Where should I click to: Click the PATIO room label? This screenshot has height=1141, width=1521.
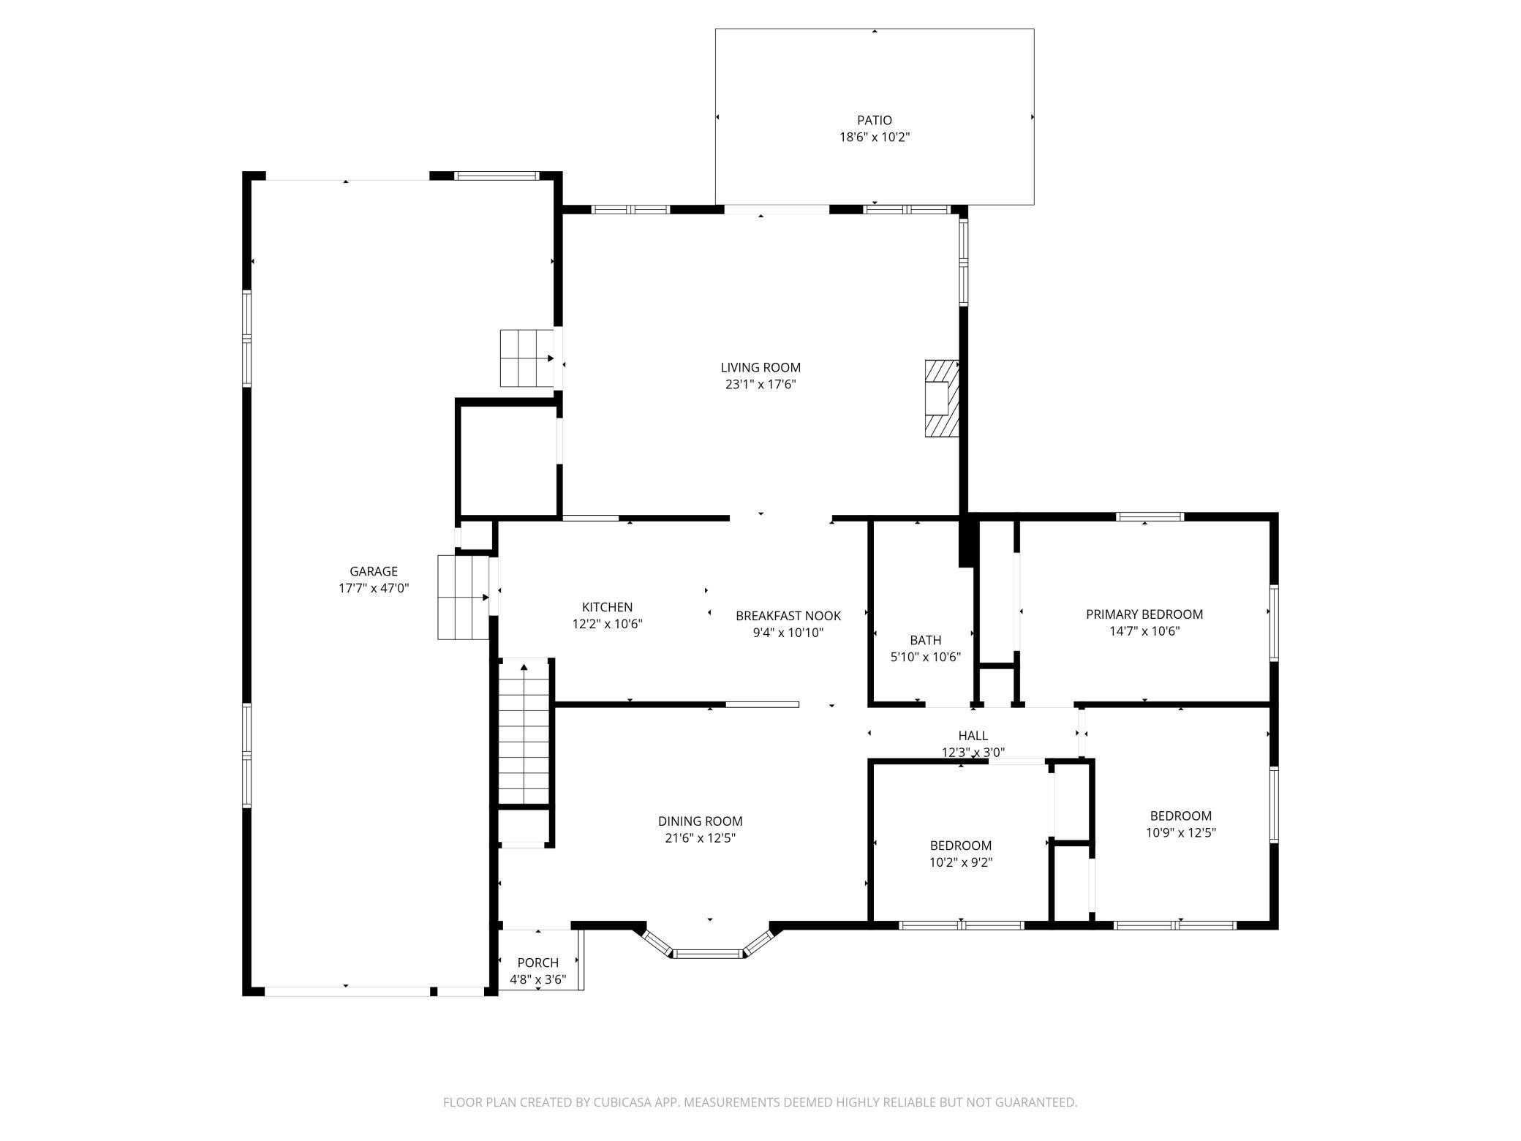[x=875, y=120]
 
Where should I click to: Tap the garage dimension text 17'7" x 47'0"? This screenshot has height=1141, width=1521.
[x=374, y=588]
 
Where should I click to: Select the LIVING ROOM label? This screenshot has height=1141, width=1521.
[x=760, y=368]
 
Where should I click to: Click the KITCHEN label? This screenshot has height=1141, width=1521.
[x=607, y=607]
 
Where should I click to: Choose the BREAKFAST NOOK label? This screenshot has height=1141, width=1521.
[x=788, y=616]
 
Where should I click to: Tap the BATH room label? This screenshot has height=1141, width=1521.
[x=926, y=640]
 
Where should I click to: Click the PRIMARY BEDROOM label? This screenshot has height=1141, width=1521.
[x=1144, y=614]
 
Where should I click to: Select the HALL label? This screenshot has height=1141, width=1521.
[x=973, y=736]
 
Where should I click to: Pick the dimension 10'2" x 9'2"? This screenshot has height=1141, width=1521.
[x=961, y=862]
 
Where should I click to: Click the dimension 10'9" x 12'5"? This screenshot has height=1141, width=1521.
[x=1181, y=832]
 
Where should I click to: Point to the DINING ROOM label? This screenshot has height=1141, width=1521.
[x=701, y=821]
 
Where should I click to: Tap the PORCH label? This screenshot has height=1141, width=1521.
[x=538, y=963]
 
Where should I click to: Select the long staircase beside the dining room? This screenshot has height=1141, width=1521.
[x=524, y=731]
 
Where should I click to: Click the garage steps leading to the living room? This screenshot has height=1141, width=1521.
[x=526, y=358]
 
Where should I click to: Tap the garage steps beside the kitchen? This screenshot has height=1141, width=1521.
[x=463, y=598]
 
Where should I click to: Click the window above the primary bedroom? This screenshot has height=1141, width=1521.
[x=1150, y=516]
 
